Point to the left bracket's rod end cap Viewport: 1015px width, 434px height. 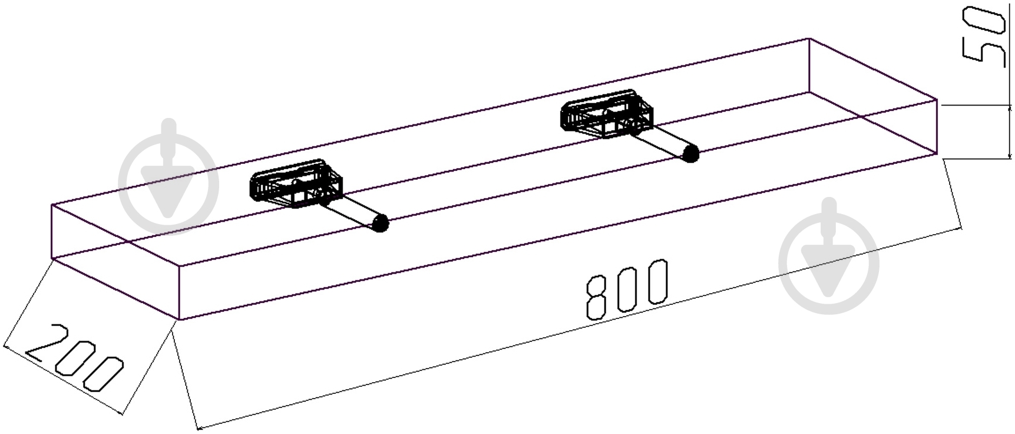pos(381,223)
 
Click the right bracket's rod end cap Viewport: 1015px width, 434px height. pos(690,154)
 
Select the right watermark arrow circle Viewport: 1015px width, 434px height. pos(829,263)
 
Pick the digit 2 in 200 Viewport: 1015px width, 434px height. pos(42,341)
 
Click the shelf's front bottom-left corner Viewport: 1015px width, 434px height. pos(178,320)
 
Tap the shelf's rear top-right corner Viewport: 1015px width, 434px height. pos(809,39)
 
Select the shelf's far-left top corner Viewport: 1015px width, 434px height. pos(52,205)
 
